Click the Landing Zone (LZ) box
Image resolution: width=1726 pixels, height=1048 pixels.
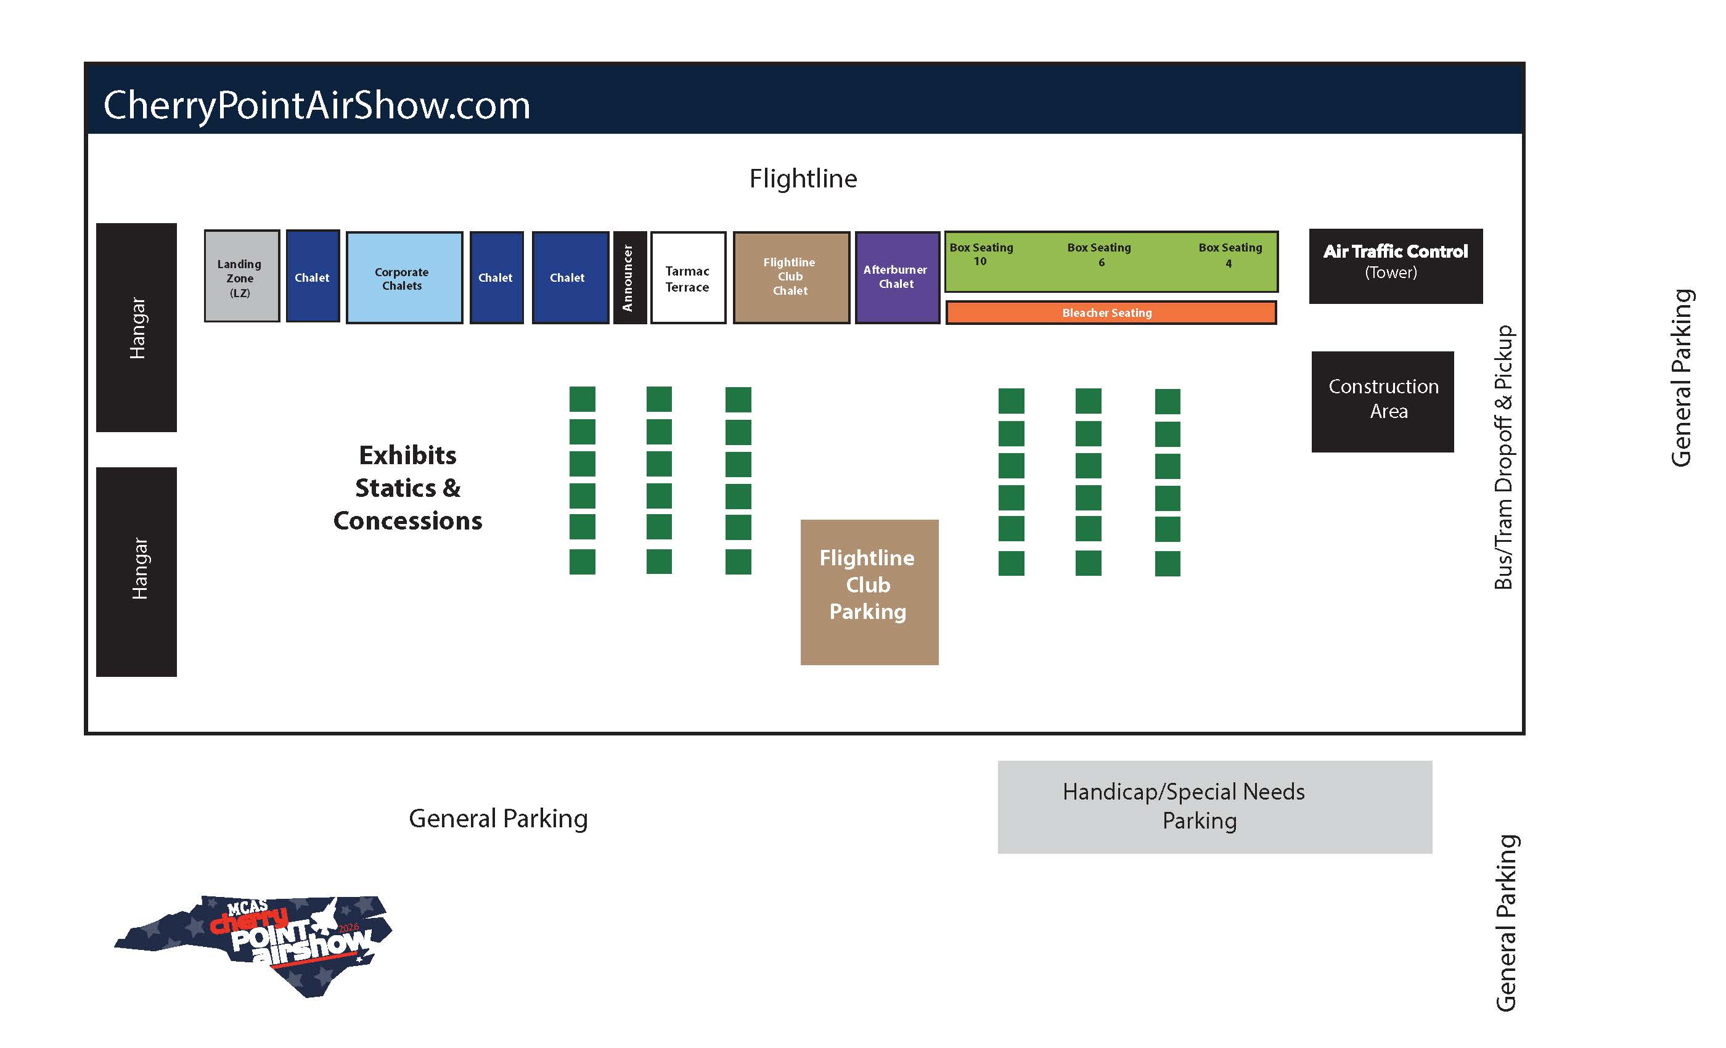point(242,277)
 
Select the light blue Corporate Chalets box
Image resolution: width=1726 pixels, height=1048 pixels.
point(404,278)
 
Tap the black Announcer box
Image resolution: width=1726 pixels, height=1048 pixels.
point(629,278)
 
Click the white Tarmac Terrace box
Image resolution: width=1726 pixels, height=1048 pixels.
point(688,278)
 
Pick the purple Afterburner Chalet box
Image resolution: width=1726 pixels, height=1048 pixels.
point(897,277)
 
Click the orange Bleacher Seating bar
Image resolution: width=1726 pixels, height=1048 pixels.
point(1110,313)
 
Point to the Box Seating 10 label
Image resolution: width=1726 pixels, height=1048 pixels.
point(981,254)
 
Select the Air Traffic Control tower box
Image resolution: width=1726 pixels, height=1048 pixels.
point(1396,266)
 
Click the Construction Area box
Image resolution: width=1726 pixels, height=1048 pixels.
point(1382,401)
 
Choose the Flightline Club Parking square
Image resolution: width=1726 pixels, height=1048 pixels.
point(869,592)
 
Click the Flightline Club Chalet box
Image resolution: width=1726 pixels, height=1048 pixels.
point(791,277)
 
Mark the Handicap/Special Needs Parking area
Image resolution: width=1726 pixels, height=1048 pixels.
point(1214,806)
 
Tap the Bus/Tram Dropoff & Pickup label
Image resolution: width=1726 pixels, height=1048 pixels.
point(1504,457)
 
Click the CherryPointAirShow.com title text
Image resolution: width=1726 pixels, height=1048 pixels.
point(317,105)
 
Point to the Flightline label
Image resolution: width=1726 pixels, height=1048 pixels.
point(803,179)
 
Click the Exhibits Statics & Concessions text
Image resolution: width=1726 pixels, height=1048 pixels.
point(407,488)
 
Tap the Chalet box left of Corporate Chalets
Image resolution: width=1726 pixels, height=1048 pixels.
point(313,277)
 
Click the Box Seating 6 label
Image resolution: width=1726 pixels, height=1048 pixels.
point(1099,254)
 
